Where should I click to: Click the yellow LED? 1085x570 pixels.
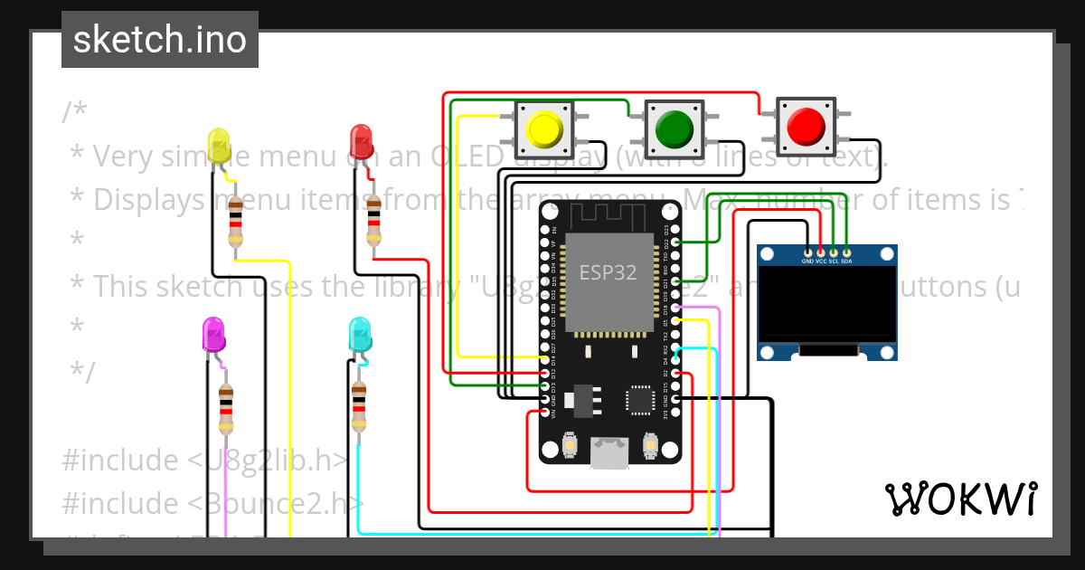(x=218, y=147)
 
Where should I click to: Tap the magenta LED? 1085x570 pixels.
(x=213, y=334)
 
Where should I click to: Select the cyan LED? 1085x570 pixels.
(x=359, y=334)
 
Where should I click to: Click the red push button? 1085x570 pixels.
(x=806, y=127)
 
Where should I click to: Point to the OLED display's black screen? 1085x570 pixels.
(x=826, y=306)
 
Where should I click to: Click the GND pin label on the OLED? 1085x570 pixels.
(x=808, y=261)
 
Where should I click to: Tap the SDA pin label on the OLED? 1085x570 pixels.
(x=846, y=261)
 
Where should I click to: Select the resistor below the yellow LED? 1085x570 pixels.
(x=236, y=221)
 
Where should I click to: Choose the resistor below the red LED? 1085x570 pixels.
(x=373, y=220)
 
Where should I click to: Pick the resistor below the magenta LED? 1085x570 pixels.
(x=226, y=409)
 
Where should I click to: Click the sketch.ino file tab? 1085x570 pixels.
(x=160, y=40)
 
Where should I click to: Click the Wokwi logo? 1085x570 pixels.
(x=960, y=499)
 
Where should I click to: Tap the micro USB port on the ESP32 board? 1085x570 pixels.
(x=610, y=452)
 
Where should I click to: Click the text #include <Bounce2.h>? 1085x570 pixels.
(x=213, y=503)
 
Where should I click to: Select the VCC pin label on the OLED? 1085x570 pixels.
(x=821, y=261)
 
